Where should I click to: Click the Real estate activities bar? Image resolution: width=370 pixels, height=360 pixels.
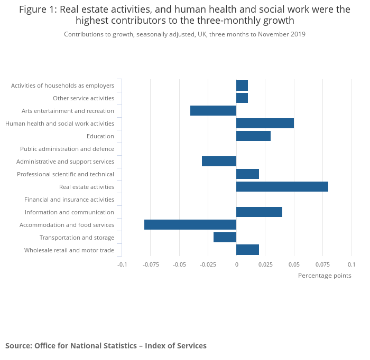282,187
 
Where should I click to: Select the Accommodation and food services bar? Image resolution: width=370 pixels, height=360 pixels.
190,225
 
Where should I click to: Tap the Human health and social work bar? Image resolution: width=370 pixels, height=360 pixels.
265,124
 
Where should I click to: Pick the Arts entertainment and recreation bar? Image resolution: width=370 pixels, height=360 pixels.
213,111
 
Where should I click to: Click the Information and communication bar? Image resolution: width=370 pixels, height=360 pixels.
259,212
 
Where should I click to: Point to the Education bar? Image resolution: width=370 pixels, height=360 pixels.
253,136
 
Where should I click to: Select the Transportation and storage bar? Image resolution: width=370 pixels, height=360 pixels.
225,238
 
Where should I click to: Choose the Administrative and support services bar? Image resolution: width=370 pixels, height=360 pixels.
219,162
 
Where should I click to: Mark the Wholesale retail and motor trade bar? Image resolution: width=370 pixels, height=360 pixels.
247,250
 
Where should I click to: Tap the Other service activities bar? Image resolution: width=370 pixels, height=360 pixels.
242,98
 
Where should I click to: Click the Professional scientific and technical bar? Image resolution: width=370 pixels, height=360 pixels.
247,174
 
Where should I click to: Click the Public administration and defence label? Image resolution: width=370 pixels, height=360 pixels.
67,149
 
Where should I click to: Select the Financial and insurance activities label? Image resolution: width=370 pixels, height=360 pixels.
69,200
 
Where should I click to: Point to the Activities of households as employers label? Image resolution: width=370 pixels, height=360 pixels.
62,86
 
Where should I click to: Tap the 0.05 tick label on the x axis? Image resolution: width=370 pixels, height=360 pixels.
294,264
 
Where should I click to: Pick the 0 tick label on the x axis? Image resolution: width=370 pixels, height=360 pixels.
236,264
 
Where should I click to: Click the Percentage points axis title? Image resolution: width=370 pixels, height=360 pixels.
325,276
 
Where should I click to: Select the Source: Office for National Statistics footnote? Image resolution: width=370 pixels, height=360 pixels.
106,346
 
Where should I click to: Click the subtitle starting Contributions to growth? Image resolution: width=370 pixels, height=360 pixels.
184,34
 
